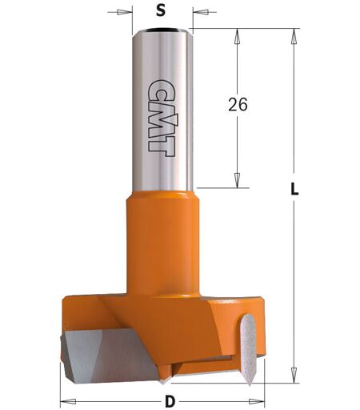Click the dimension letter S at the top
pos(161,11)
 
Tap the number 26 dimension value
pos(238,104)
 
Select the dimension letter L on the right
pos(294,188)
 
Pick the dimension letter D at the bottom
pos(170,401)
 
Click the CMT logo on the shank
pos(162,118)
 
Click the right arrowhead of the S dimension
pos(201,12)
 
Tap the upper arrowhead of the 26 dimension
pos(237,37)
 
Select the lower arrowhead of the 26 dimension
pos(237,179)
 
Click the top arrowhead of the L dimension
pos(294,37)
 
